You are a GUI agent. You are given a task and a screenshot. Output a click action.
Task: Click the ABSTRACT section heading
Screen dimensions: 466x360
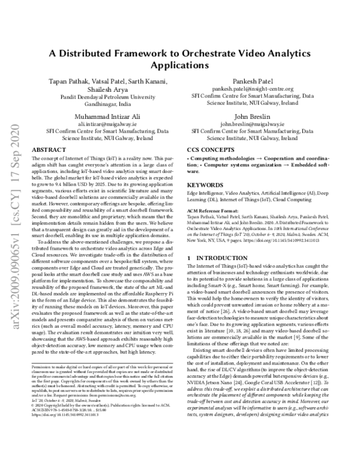click(x=49, y=148)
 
